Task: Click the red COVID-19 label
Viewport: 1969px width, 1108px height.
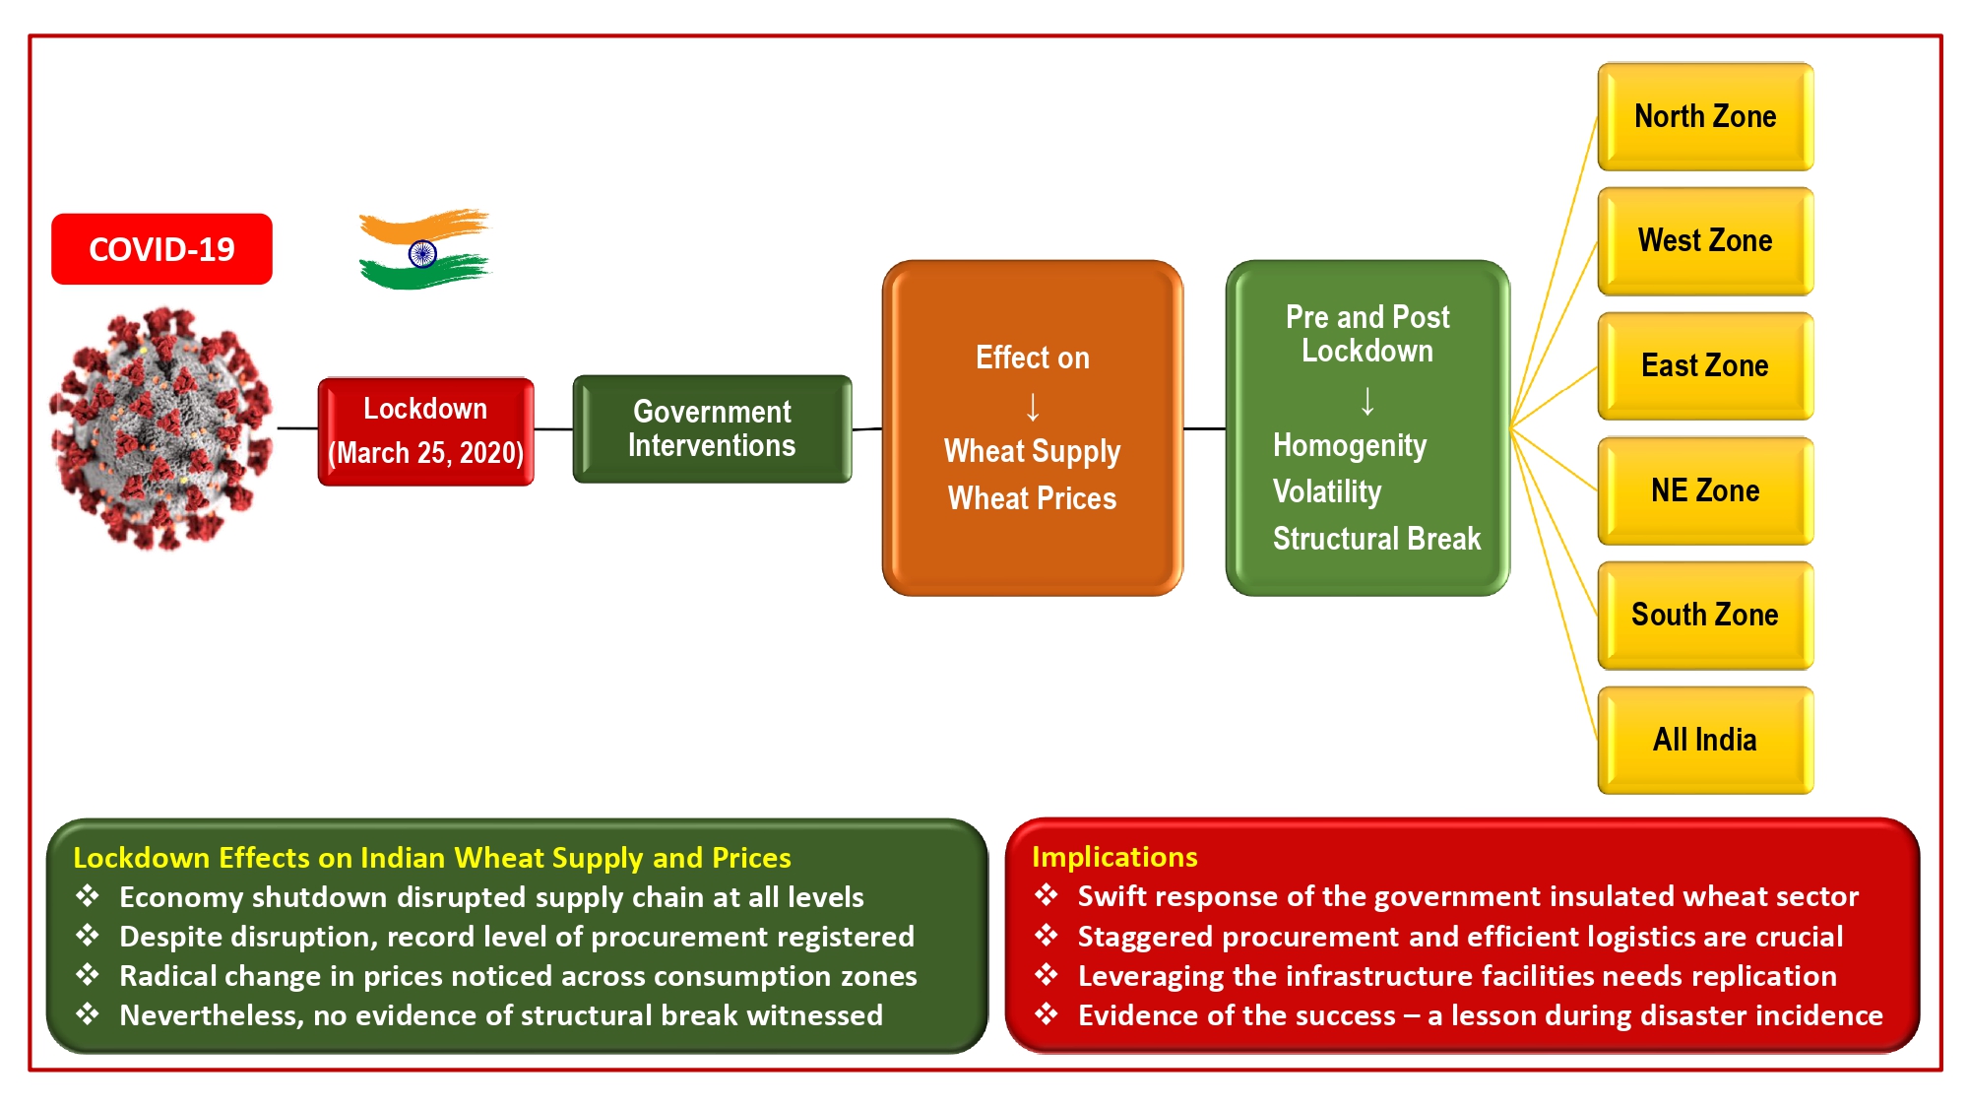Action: coord(161,249)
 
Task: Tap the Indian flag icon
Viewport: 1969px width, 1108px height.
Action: coord(423,250)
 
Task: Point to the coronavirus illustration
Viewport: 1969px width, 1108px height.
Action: coord(161,428)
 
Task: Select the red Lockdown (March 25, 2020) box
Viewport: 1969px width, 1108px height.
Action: coord(425,431)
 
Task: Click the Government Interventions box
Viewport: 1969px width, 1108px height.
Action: coord(712,428)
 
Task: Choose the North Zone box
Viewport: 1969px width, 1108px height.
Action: coord(1705,116)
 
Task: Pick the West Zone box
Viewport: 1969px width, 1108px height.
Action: coord(1705,241)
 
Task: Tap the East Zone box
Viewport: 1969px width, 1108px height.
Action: coord(1705,365)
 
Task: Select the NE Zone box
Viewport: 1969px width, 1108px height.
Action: coord(1705,490)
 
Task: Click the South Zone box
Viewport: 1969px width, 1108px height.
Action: coord(1705,615)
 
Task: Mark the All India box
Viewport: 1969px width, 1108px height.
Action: coord(1705,740)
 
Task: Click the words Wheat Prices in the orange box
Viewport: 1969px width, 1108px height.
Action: coord(1032,498)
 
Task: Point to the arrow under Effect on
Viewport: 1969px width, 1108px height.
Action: coord(1033,406)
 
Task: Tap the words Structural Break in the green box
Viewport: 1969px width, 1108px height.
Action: coord(1376,539)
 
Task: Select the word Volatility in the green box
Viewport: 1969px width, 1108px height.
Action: coord(1327,491)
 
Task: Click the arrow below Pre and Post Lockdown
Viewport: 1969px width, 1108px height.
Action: coord(1367,401)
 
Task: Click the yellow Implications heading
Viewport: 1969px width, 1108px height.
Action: coord(1114,857)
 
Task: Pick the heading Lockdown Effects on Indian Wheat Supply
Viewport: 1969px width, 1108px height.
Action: coord(431,858)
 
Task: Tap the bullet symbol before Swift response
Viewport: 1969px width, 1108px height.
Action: coord(1047,895)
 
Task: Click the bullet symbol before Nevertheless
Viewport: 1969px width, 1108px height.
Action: coord(88,1014)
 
